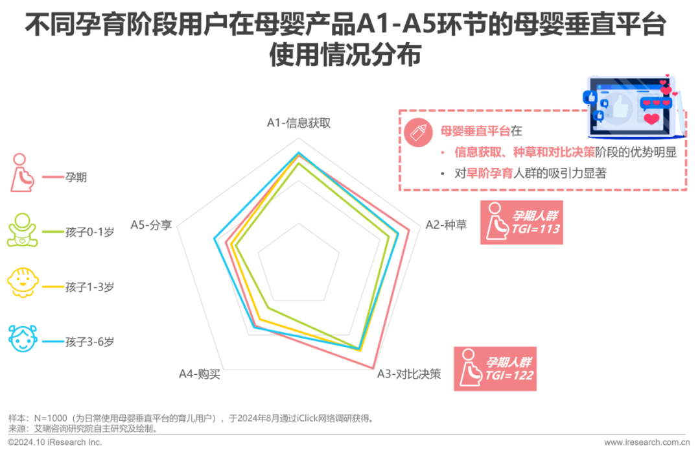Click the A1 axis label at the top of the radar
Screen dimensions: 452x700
pos(299,123)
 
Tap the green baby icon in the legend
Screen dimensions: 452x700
pos(22,230)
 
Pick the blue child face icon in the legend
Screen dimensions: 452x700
pos(22,337)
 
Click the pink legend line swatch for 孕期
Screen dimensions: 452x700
pos(52,176)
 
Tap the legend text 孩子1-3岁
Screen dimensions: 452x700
pos(89,287)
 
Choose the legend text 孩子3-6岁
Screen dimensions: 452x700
pos(89,341)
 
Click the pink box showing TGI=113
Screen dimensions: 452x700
pos(521,222)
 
